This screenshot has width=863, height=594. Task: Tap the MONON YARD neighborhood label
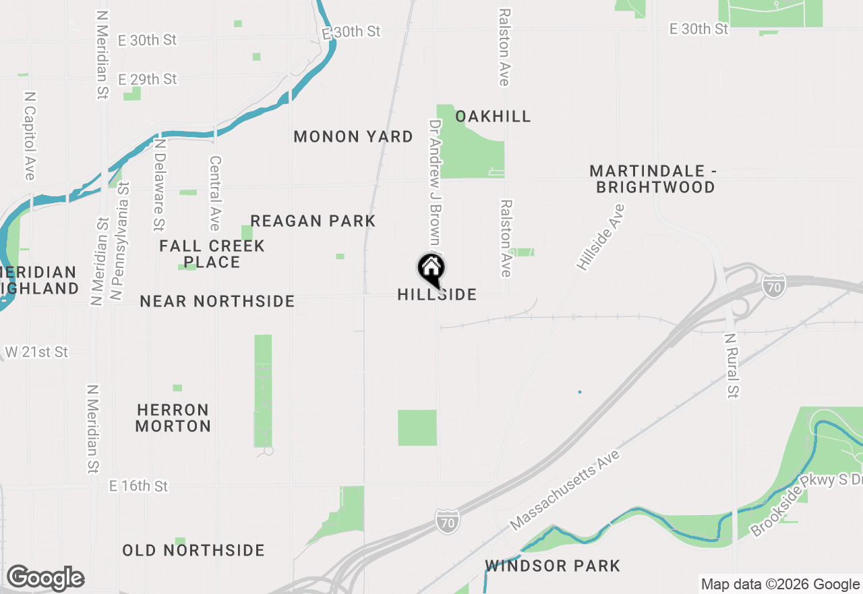click(353, 137)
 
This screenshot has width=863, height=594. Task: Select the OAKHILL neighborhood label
click(493, 116)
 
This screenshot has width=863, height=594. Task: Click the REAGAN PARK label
click(313, 221)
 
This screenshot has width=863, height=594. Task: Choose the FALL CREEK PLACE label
click(212, 254)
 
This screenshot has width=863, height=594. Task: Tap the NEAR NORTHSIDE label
click(217, 301)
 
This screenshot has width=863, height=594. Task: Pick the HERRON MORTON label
click(173, 418)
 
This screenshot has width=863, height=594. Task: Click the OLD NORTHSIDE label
click(194, 550)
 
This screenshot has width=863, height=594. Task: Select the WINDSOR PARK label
click(552, 566)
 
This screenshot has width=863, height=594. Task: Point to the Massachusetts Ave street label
click(565, 489)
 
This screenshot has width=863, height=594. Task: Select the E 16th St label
click(138, 486)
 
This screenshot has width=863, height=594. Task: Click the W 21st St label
click(36, 352)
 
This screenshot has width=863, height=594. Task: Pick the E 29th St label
click(147, 79)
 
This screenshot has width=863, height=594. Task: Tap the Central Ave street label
click(215, 194)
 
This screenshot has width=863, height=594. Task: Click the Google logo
click(45, 578)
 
